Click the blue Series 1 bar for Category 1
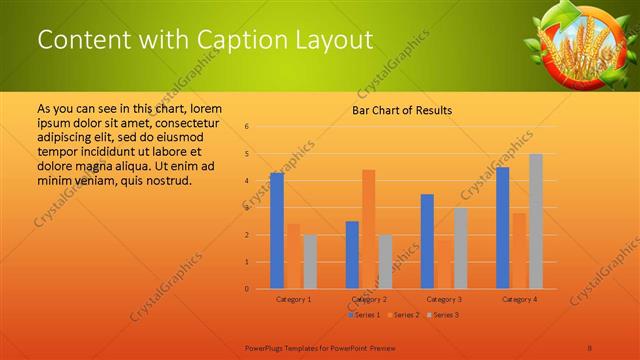tap(276, 231)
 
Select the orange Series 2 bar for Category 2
tap(368, 229)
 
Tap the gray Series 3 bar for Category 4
tap(535, 221)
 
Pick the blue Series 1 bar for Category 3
tap(427, 241)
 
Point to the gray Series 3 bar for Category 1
tap(310, 262)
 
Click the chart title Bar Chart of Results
tap(402, 111)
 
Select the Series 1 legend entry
tap(363, 315)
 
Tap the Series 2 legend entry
tap(402, 315)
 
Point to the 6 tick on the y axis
tap(247, 127)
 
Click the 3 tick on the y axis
tap(247, 208)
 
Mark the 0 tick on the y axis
tap(247, 289)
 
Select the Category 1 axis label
tap(293, 299)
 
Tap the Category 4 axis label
tap(519, 299)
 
